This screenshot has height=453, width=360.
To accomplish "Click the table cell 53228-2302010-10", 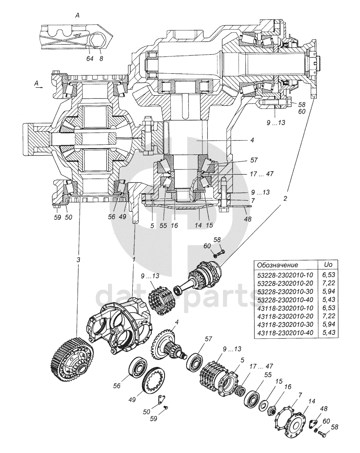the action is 285,274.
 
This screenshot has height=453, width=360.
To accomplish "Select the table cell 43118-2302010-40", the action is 285,333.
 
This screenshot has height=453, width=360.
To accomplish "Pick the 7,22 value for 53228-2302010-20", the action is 329,283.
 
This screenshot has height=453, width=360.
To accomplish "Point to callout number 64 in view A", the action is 90,59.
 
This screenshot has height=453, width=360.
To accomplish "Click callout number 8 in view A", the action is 101,59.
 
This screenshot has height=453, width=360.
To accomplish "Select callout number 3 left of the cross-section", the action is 78,260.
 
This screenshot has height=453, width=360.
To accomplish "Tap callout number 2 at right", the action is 285,199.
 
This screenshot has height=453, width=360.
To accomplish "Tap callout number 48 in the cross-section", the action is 247,219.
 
